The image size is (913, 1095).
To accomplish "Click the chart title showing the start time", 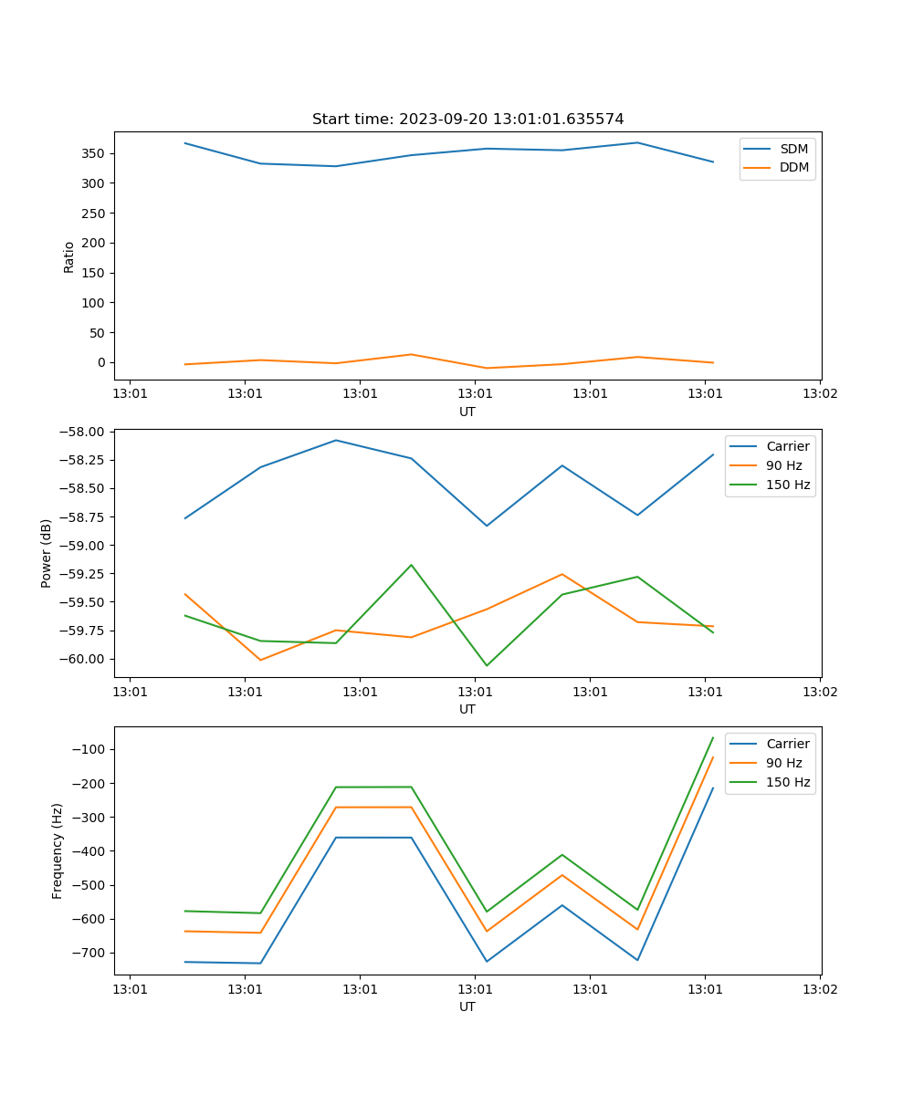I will pyautogui.click(x=467, y=120).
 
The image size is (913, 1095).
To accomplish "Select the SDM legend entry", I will pyautogui.click(x=793, y=149).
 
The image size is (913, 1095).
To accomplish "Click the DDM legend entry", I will pyautogui.click(x=793, y=167).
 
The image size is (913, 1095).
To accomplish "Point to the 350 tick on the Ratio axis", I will pyautogui.click(x=94, y=153).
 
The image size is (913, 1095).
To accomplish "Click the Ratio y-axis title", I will pyautogui.click(x=69, y=256).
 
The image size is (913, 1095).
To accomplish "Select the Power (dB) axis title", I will pyautogui.click(x=47, y=553).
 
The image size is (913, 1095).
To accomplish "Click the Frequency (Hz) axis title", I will pyautogui.click(x=58, y=850).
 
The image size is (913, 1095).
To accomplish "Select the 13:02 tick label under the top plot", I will pyautogui.click(x=820, y=394).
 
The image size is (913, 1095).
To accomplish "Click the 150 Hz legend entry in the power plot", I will pyautogui.click(x=787, y=485).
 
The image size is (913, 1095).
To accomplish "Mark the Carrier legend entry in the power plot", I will pyautogui.click(x=787, y=446).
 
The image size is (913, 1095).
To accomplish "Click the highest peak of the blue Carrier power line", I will pyautogui.click(x=336, y=440).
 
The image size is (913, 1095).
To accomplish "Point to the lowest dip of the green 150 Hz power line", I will pyautogui.click(x=487, y=665).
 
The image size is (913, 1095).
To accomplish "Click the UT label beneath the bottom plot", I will pyautogui.click(x=467, y=1006).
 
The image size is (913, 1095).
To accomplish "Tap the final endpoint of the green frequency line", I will pyautogui.click(x=713, y=737).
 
